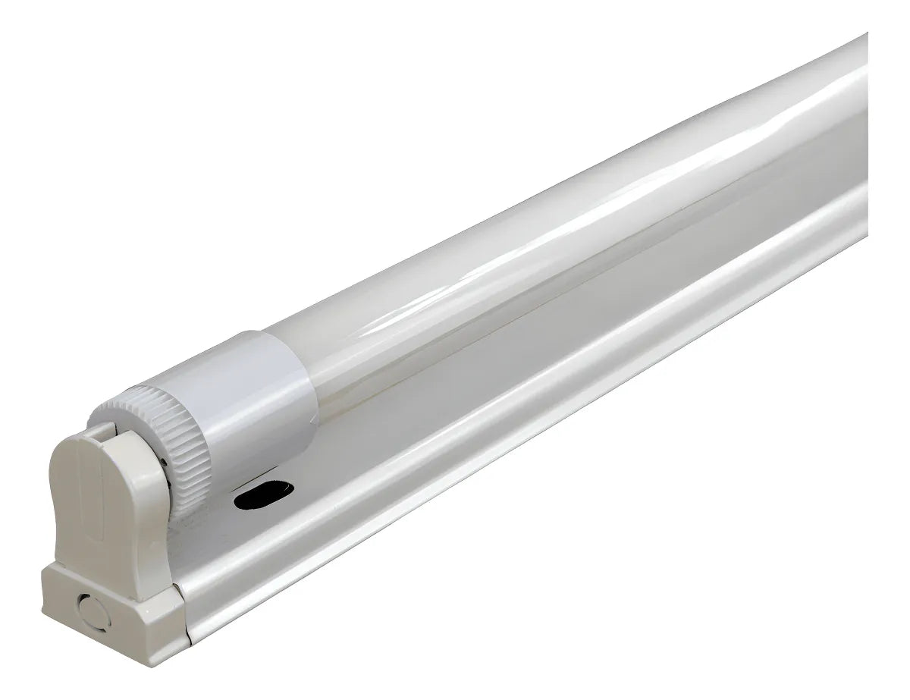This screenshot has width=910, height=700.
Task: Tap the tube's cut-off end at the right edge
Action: click(x=864, y=114)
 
